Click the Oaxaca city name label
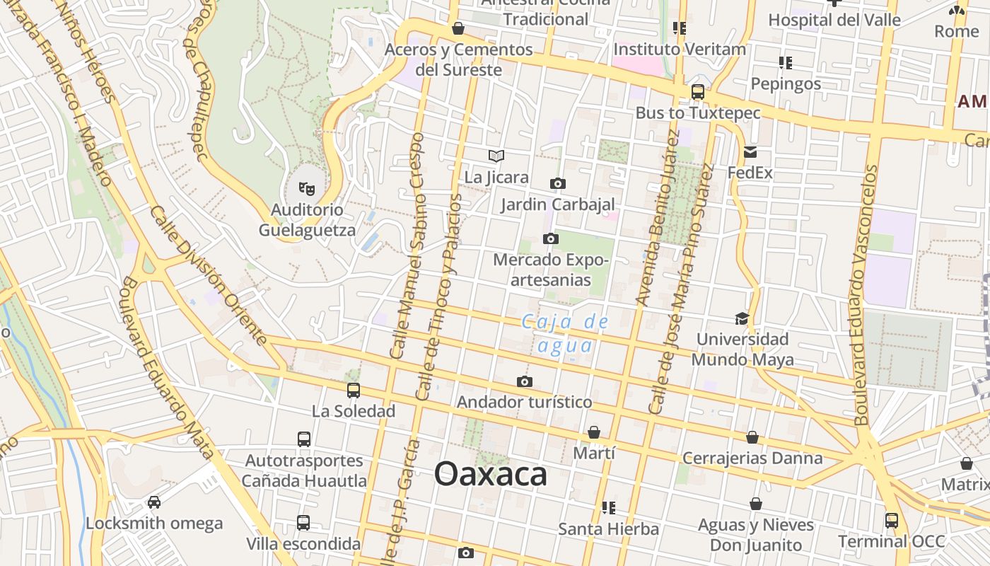[x=490, y=474]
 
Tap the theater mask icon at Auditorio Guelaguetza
[x=307, y=188]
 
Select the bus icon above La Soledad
[x=353, y=390]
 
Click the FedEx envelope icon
[x=750, y=152]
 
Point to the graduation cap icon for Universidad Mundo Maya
[x=742, y=318]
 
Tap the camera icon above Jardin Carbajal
[x=557, y=184]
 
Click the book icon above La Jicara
[x=496, y=156]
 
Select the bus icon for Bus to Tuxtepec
[x=697, y=92]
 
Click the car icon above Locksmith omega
[x=154, y=502]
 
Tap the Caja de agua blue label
[x=564, y=333]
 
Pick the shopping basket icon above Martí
[x=594, y=432]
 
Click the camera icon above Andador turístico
[x=524, y=382]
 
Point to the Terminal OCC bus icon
[x=891, y=521]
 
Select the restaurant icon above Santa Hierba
[x=608, y=507]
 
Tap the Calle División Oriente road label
[x=208, y=275]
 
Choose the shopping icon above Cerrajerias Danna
[x=752, y=437]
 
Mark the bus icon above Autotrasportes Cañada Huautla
[x=304, y=439]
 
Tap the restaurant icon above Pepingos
[x=785, y=63]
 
